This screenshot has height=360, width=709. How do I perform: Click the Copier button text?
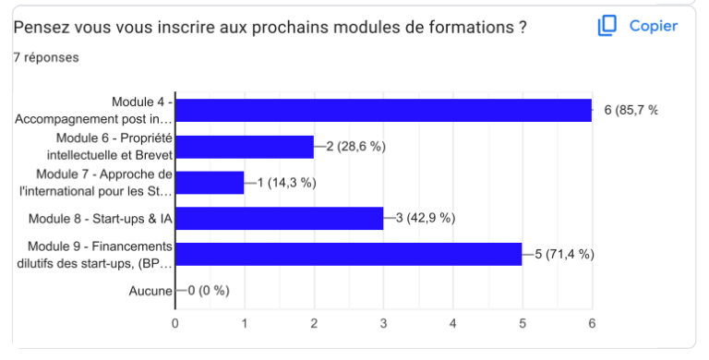click(654, 26)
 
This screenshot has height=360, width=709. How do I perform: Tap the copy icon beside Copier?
click(607, 26)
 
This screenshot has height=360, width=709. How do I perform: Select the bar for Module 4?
click(383, 110)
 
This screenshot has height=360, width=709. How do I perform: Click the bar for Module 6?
click(245, 147)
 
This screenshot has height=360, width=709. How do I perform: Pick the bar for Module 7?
click(210, 183)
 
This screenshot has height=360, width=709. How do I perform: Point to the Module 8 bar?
click(279, 218)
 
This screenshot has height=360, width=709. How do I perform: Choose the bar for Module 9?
click(348, 254)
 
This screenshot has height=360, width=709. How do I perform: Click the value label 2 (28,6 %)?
click(355, 147)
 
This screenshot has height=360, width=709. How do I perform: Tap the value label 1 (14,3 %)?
click(286, 183)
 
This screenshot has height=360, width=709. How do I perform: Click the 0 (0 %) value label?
click(208, 291)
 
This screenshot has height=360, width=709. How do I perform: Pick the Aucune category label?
click(150, 291)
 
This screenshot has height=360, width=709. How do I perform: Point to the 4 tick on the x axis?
click(453, 323)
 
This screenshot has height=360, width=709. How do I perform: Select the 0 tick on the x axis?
click(175, 323)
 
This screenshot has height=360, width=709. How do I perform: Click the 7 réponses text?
click(45, 57)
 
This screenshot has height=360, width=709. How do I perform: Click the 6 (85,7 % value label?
click(631, 111)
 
